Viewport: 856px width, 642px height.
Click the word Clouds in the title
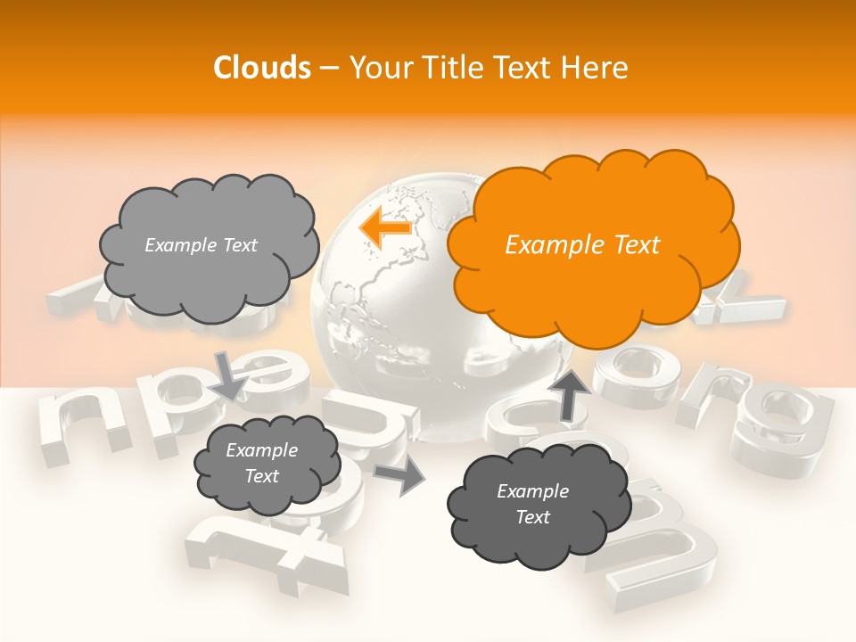coord(262,68)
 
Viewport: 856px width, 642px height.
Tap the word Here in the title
coord(597,68)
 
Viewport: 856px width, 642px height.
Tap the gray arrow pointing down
coord(229,374)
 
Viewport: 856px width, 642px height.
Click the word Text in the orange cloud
coord(633,245)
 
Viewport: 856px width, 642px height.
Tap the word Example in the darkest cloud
coord(532,491)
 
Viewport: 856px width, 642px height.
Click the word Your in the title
coord(376,68)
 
